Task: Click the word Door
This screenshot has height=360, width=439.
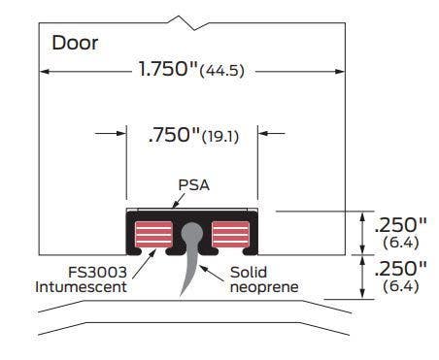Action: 74,43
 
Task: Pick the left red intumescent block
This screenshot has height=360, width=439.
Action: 152,235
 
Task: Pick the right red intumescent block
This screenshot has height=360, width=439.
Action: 231,235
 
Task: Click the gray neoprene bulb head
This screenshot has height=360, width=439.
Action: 191,233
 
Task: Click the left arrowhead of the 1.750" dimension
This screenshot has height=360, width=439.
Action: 45,71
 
